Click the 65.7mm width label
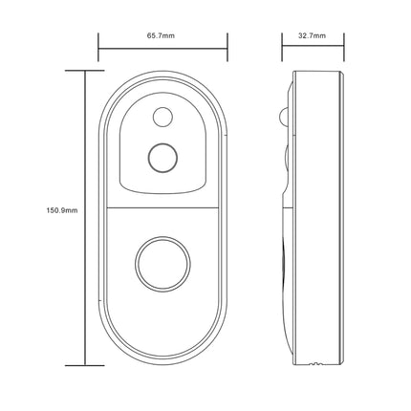pyautogui.click(x=161, y=35)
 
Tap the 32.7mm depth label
pyautogui.click(x=313, y=35)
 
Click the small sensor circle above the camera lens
pyautogui.click(x=161, y=118)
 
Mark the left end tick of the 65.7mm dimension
pyautogui.click(x=99, y=45)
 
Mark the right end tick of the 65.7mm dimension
pyautogui.click(x=227, y=45)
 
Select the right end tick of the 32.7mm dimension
pyautogui.click(x=341, y=45)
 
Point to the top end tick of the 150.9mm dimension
pyautogui.click(x=86, y=70)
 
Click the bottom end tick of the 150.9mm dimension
pyautogui.click(x=86, y=365)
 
